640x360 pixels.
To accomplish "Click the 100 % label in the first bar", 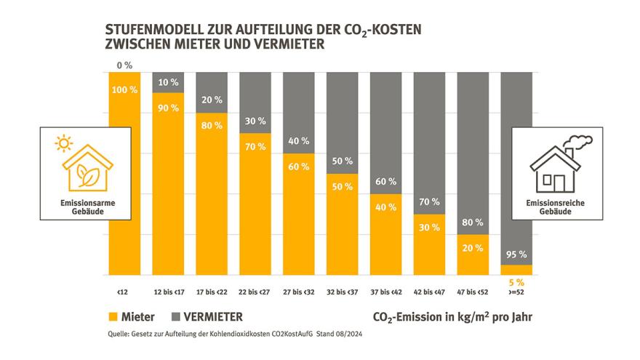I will pos(124,89).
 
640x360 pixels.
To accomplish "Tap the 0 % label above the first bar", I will pos(124,65).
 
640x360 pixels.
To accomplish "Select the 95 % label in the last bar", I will pos(516,255).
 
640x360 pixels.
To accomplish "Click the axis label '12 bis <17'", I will pos(167,292).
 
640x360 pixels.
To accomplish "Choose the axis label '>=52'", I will pos(516,292).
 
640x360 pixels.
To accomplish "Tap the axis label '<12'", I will pos(122,292).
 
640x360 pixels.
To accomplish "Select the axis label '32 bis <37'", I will pos(342,292).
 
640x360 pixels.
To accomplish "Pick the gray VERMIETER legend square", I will pos(177,317).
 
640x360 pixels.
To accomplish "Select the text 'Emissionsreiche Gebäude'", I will pos(557,209).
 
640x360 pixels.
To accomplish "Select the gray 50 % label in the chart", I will pos(342,161).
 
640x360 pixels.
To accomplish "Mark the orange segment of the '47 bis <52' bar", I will pos(473,255).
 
